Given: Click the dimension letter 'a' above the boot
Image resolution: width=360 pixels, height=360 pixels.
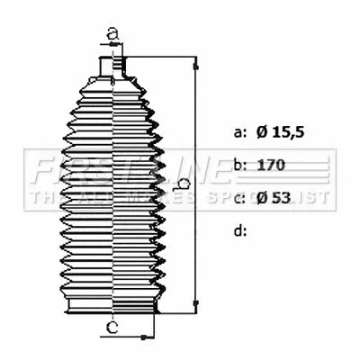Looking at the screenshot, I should pyautogui.click(x=112, y=33).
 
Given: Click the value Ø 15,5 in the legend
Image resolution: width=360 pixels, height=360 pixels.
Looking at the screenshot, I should pyautogui.click(x=282, y=133).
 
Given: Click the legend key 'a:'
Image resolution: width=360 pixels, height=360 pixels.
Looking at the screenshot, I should pyautogui.click(x=239, y=133).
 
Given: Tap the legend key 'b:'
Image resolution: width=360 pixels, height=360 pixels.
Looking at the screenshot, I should pyautogui.click(x=239, y=166).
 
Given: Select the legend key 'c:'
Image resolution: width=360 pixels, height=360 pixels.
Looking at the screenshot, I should pyautogui.click(x=239, y=198).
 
